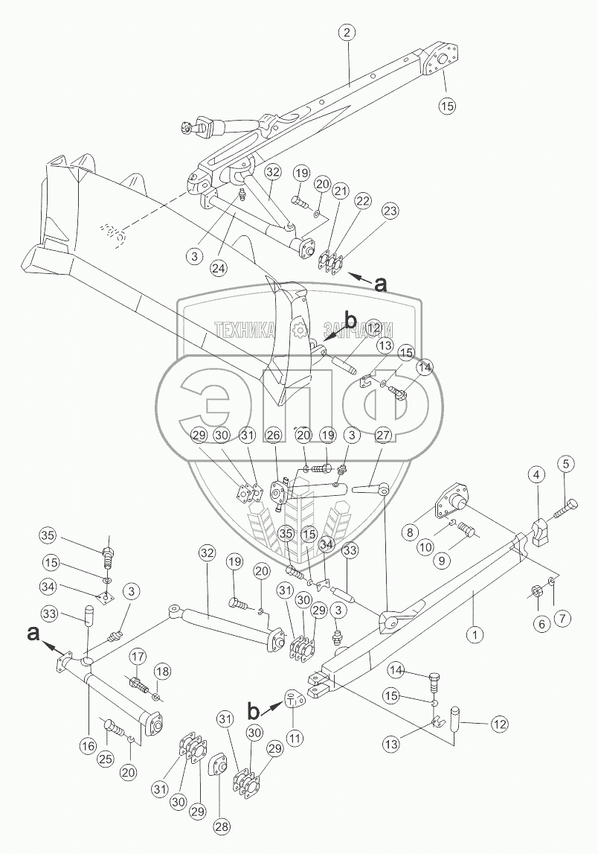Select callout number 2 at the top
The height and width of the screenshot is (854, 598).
click(x=347, y=33)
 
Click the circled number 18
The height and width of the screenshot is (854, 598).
click(x=162, y=672)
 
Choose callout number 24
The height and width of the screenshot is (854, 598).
click(x=219, y=266)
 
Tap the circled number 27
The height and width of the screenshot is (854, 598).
click(x=384, y=434)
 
